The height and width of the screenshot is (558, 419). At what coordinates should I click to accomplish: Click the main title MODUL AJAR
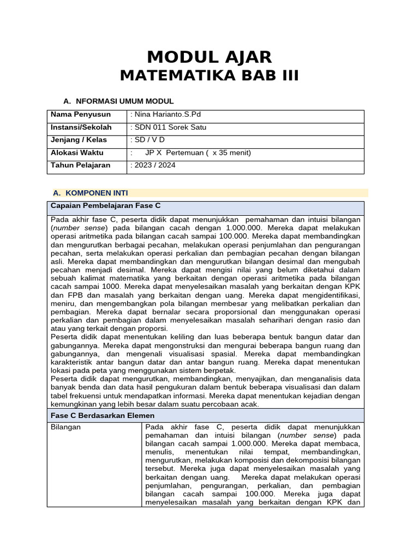click(x=209, y=57)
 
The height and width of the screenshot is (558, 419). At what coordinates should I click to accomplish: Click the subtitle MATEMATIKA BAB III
click(x=209, y=76)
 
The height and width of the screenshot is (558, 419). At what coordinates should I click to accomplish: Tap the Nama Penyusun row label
click(x=80, y=114)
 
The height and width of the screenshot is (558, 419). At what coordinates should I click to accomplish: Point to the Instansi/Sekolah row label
click(x=81, y=128)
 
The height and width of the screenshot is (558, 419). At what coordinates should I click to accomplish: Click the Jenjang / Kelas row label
click(x=79, y=140)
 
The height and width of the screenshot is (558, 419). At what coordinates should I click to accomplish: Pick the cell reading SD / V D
click(x=149, y=140)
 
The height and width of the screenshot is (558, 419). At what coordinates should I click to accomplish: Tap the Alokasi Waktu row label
click(x=77, y=153)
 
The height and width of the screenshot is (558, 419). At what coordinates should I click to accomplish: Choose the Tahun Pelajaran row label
click(x=80, y=165)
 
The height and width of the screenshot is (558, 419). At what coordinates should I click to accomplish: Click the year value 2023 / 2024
click(x=155, y=165)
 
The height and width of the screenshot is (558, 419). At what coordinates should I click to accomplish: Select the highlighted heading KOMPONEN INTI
click(x=97, y=193)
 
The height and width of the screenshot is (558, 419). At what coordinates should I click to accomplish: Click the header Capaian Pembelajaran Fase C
click(x=105, y=205)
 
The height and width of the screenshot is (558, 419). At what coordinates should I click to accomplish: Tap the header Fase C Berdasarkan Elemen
click(x=103, y=415)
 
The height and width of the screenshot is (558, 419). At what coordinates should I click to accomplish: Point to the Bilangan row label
click(x=65, y=427)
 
